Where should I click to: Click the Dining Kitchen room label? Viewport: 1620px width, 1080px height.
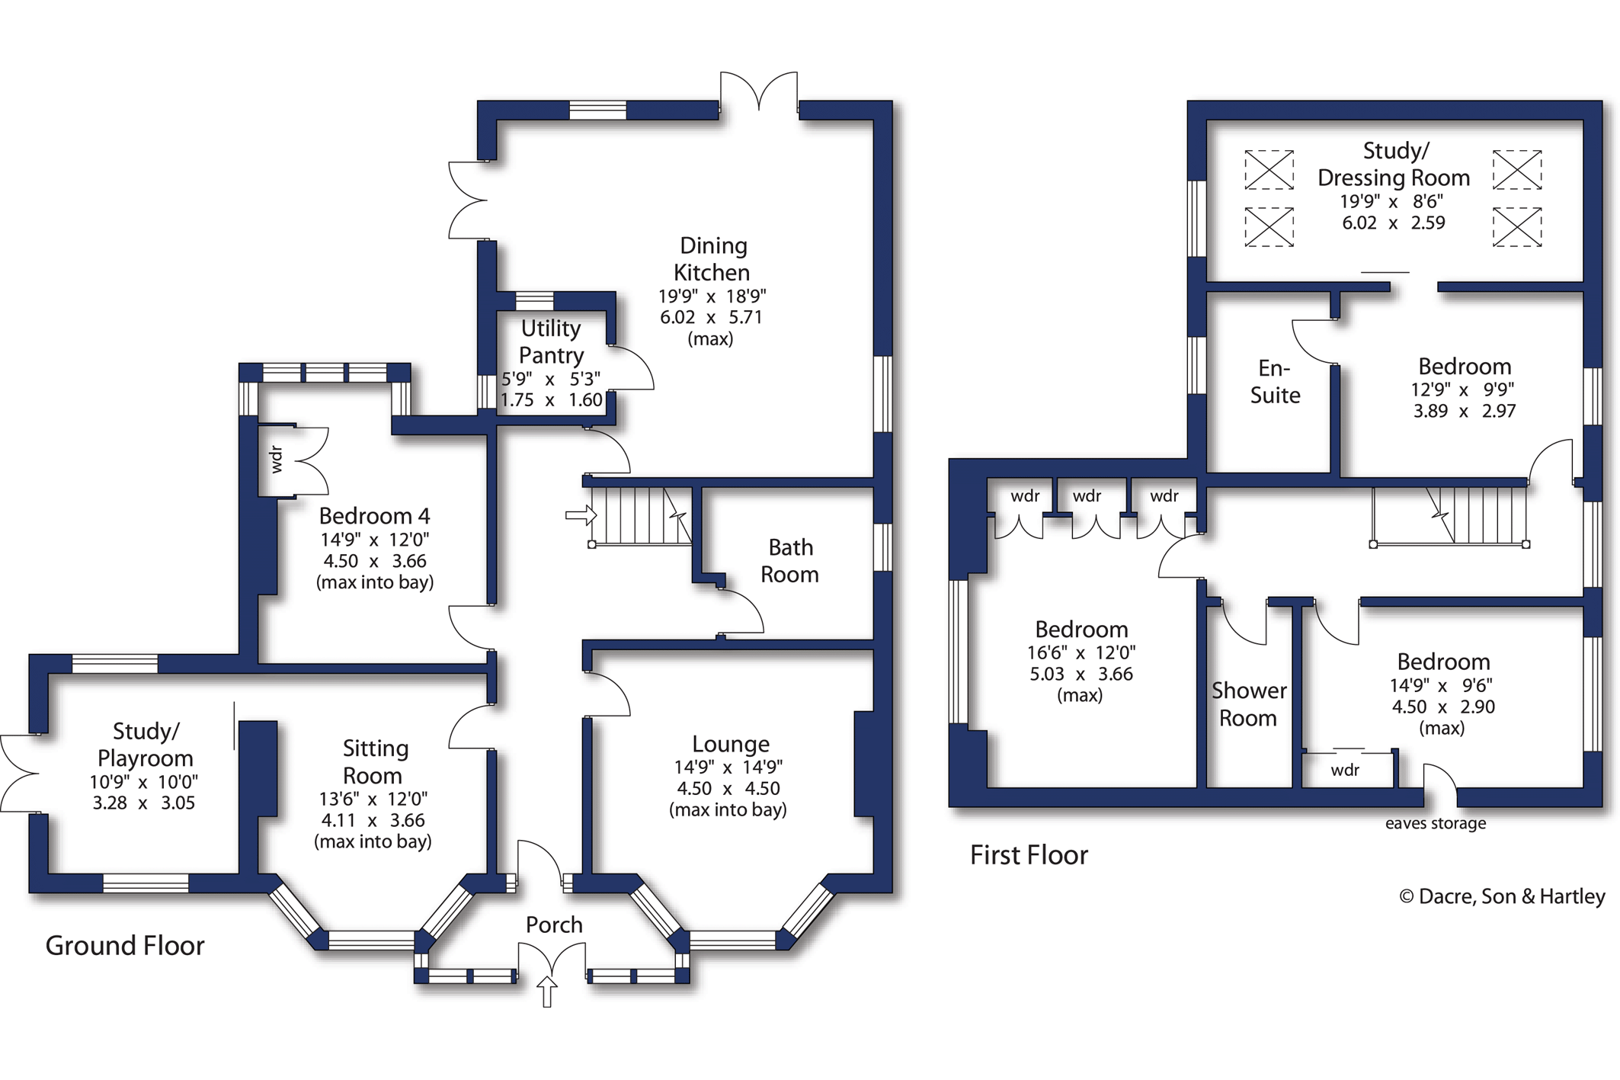(712, 259)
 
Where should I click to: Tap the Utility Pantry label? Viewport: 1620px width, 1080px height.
(551, 341)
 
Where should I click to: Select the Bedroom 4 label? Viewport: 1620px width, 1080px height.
(374, 516)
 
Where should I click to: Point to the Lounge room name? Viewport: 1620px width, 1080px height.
(731, 744)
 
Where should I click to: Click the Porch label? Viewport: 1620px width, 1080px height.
(554, 925)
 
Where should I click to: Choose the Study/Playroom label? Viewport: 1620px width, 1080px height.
(145, 745)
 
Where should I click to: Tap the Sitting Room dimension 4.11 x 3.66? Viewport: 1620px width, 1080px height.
(373, 820)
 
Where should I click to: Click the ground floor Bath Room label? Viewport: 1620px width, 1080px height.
(789, 561)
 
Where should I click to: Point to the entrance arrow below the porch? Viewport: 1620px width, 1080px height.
(547, 992)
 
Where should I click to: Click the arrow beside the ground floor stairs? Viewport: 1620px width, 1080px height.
(581, 515)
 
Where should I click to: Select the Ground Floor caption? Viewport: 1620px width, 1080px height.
(125, 946)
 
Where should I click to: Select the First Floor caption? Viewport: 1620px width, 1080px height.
(1029, 855)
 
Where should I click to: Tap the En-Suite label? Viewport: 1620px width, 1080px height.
(1275, 382)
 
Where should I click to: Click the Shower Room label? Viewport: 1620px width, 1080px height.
(1248, 704)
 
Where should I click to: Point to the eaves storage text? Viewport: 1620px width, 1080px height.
(1436, 823)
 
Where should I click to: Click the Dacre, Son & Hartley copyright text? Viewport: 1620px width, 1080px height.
(1502, 896)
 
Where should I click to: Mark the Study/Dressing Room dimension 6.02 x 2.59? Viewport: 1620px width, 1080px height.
(1393, 223)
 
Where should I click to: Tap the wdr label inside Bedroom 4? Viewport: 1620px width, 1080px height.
(276, 460)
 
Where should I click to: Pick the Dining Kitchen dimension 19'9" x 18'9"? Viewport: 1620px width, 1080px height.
(712, 296)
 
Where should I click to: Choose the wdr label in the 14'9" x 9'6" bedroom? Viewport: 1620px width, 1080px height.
(1345, 770)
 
